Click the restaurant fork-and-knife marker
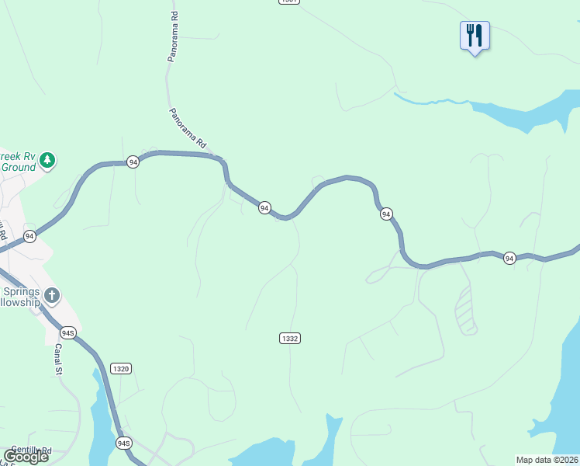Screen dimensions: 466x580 [x=475, y=36]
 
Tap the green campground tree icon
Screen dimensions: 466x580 [x=48, y=160]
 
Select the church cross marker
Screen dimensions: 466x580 [x=52, y=295]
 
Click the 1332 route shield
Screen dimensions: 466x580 [x=290, y=338]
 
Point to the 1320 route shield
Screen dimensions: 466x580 [x=119, y=368]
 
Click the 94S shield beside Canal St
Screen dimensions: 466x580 [x=68, y=333]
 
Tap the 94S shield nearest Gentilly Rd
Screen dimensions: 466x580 [x=123, y=443]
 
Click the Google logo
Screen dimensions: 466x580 [x=26, y=457]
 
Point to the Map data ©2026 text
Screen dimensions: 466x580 [x=547, y=460]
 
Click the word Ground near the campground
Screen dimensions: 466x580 [x=19, y=167]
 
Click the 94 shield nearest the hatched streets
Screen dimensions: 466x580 [x=509, y=258]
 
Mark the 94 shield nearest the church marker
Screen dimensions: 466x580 [x=29, y=236]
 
